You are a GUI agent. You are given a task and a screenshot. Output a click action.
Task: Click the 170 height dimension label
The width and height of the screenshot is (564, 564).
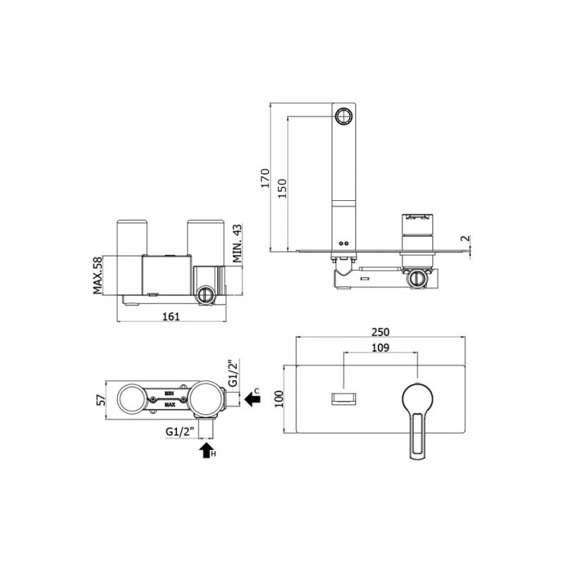265,178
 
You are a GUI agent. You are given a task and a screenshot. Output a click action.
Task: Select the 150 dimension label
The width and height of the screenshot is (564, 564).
283,188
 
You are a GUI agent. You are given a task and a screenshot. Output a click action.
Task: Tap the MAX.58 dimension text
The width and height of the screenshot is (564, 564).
98,275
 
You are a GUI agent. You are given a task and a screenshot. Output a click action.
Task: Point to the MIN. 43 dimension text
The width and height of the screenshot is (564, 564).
237,243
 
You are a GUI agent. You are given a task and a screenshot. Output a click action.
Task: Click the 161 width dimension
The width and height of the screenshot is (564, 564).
171,317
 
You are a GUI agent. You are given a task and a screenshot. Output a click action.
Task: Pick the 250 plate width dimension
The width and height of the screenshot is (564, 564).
380,331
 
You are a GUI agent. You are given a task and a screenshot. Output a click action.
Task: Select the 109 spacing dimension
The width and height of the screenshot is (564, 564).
380,348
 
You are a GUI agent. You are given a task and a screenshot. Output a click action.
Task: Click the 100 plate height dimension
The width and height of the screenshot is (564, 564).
279,399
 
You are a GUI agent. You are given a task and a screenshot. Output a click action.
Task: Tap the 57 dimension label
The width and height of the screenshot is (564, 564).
102,400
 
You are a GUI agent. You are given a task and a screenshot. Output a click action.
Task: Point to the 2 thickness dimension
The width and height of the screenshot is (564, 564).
465,238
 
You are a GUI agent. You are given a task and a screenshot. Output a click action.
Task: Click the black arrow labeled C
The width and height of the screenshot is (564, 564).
252,399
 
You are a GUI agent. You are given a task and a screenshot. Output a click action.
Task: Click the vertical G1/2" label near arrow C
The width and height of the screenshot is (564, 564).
233,373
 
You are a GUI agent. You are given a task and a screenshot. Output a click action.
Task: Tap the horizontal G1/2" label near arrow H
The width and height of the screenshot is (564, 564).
180,431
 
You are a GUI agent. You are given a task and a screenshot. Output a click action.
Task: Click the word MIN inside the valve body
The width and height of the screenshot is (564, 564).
169,393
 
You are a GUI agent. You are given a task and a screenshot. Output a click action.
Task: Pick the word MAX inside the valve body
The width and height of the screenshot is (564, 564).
170,405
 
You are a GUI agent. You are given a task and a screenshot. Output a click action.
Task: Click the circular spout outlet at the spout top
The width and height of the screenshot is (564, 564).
343,116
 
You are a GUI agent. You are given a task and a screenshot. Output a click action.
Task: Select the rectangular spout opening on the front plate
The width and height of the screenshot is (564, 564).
343,399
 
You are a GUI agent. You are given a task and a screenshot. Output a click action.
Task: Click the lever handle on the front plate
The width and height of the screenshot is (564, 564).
417,420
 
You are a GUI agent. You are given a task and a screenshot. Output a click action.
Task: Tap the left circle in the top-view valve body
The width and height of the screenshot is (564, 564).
132,400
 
